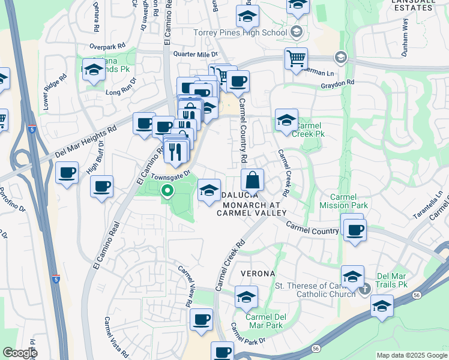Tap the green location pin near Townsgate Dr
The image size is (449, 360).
(x=167, y=192)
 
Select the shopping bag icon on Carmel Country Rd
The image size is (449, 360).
(x=253, y=179)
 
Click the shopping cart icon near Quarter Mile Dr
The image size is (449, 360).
(x=295, y=59)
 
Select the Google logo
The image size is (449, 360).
(x=20, y=353)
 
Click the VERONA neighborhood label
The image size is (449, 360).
(x=258, y=274)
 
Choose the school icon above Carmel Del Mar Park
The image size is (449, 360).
(x=246, y=297)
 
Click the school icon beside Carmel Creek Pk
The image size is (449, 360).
(x=286, y=119)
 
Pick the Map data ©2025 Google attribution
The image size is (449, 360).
(x=412, y=355)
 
